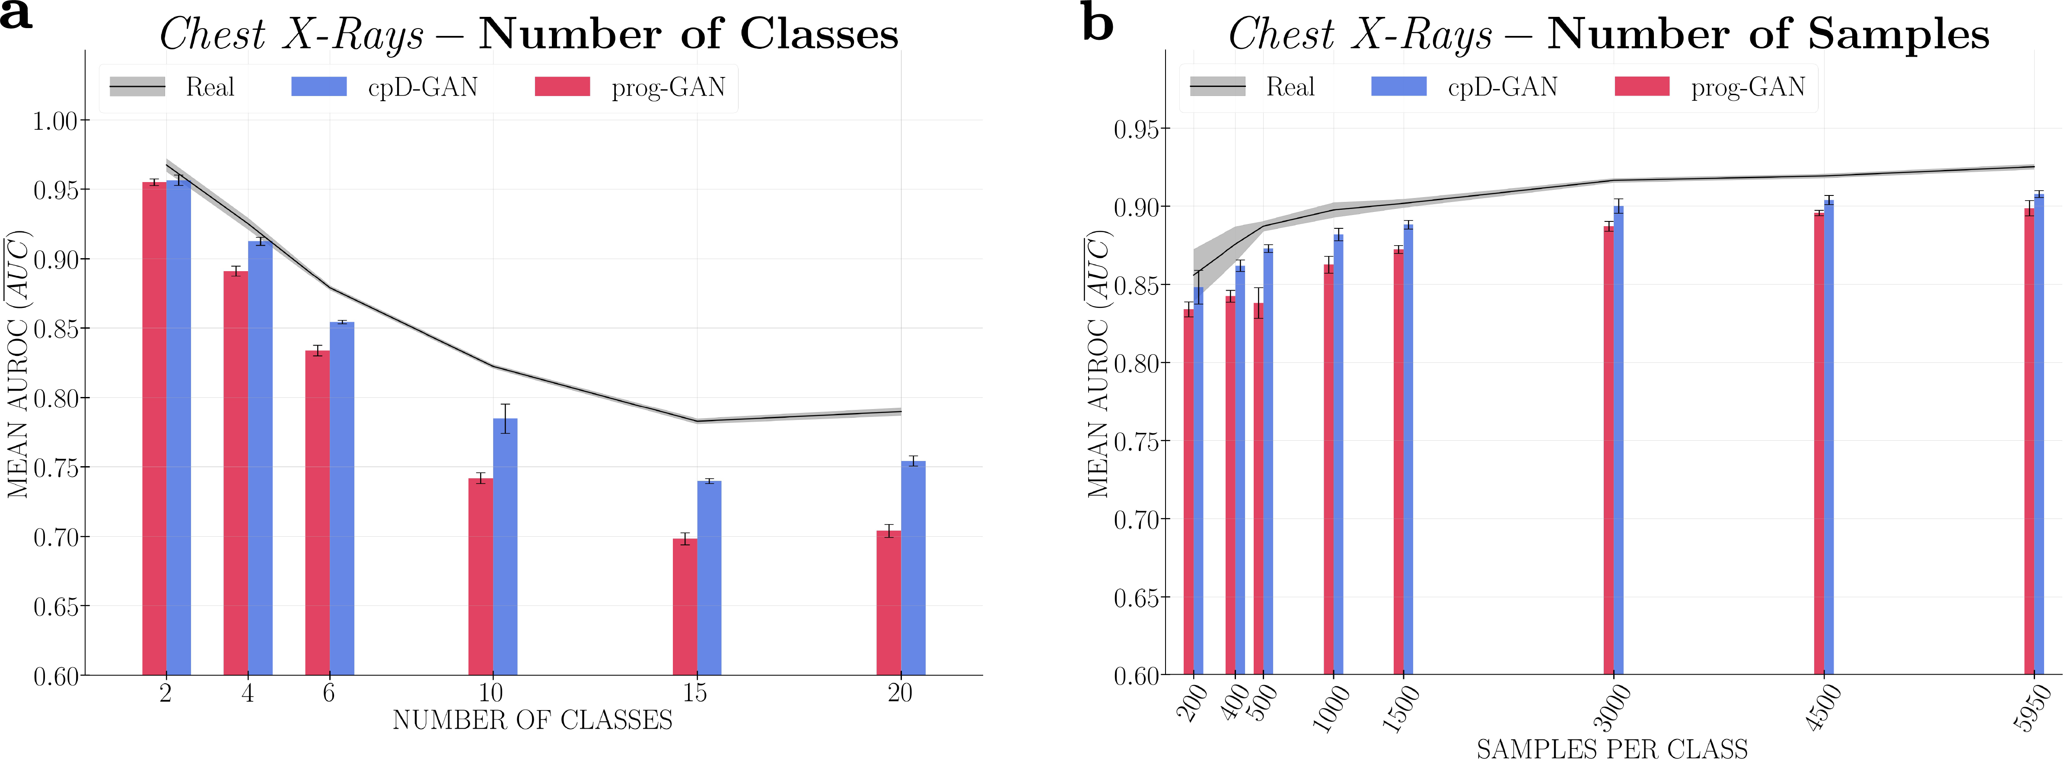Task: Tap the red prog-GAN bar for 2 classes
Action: [x=154, y=426]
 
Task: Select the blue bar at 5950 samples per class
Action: [x=2039, y=433]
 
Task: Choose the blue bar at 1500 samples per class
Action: [x=1408, y=449]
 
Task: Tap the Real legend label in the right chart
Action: [x=1290, y=86]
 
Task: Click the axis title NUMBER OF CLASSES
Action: [x=532, y=720]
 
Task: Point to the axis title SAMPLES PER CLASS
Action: [x=1612, y=749]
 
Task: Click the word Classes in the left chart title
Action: [x=819, y=35]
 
